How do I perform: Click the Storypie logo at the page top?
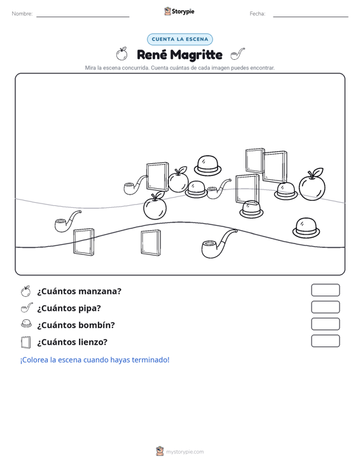pos(179,11)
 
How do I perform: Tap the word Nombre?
pos(22,14)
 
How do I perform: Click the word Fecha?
pos(258,14)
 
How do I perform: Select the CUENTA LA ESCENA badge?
pos(180,39)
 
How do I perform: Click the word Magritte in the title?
pos(197,55)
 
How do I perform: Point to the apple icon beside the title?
pos(121,53)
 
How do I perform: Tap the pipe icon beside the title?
pos(237,54)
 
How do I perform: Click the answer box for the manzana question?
pos(325,290)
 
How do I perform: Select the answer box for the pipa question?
pos(325,307)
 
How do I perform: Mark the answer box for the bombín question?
pos(325,324)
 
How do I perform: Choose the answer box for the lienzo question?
pos(325,341)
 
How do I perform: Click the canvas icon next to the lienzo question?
pos(26,342)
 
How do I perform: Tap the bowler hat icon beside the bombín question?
pos(26,324)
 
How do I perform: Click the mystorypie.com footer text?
pos(184,452)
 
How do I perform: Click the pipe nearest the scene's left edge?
pos(68,221)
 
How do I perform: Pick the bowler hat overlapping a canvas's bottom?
pos(251,209)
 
